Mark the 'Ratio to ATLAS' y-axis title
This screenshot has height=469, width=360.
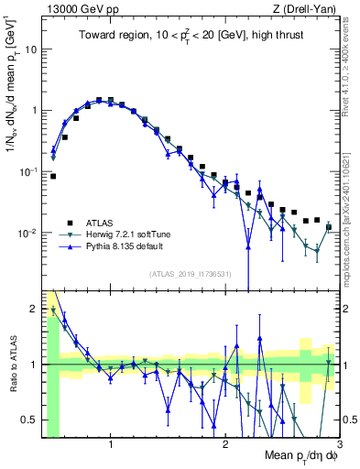(12, 364)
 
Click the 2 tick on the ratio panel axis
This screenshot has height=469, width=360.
(35, 309)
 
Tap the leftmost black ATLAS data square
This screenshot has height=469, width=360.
(53, 176)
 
